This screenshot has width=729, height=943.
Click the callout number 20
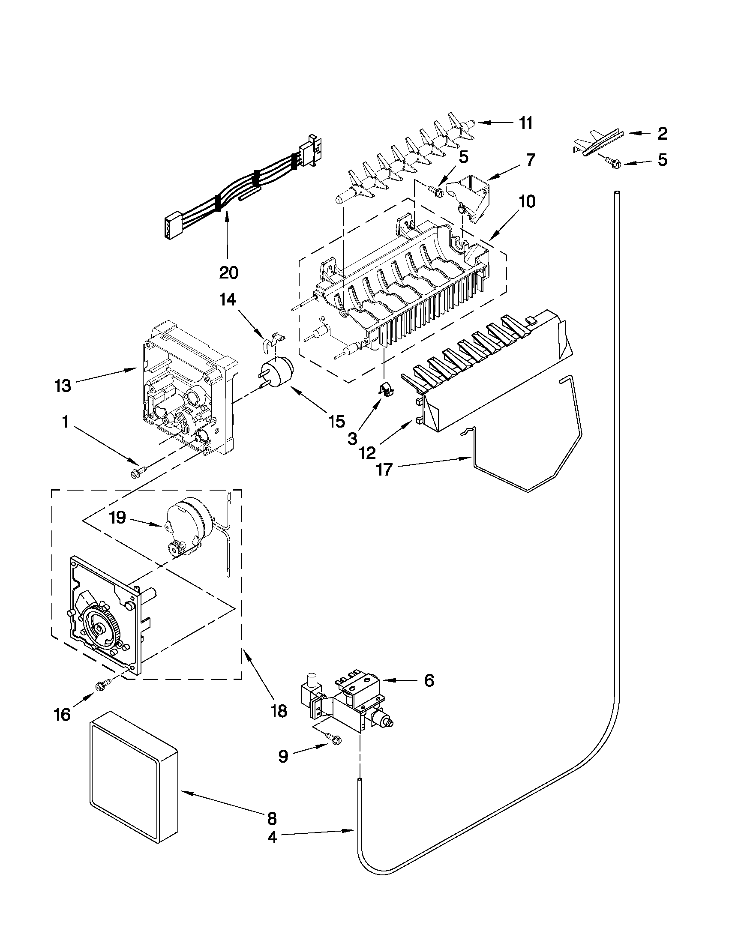228,272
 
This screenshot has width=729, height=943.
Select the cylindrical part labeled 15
276,373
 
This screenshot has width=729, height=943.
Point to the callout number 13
63,386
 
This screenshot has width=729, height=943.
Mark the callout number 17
384,469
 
